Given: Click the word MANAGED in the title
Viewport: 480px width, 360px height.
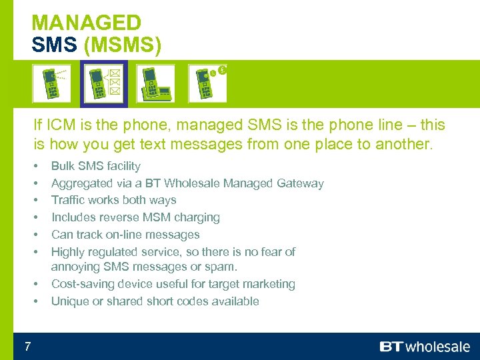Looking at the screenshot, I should click(87, 23).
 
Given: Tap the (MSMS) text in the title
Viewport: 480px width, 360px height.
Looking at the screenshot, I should click(123, 44).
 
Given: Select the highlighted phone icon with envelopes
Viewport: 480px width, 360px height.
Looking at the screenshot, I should click(104, 83).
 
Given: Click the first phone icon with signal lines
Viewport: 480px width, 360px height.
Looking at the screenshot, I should click(51, 83).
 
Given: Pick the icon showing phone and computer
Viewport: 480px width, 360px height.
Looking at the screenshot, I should click(155, 83).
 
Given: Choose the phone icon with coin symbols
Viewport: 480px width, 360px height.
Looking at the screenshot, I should click(207, 83).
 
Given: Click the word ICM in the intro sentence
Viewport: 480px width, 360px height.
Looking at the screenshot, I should click(61, 125).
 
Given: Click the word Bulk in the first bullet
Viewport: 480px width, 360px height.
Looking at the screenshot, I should click(64, 166).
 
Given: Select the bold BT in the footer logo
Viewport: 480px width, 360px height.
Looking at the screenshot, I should click(392, 347).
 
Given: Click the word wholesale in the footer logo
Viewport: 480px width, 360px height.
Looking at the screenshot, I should click(438, 347).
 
